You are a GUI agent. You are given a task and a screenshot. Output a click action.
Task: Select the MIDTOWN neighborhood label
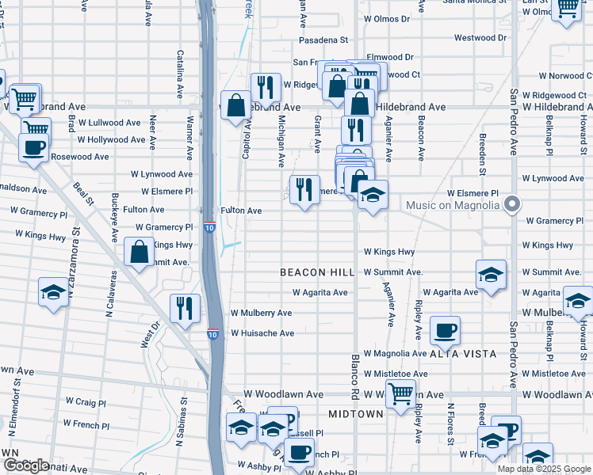(x=356, y=414)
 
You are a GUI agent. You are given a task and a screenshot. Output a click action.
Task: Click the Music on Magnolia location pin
(x=512, y=205)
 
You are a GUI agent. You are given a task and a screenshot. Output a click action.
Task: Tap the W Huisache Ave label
(x=262, y=333)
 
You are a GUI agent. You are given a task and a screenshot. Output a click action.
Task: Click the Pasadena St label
(x=323, y=40)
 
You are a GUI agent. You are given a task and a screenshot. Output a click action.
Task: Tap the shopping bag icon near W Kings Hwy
(x=140, y=252)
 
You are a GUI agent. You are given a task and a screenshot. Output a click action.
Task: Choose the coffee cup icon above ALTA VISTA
(x=445, y=329)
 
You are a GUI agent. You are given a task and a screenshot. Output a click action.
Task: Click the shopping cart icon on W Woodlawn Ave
(x=401, y=392)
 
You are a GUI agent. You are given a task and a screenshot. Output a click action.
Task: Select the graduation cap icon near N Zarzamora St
(x=53, y=291)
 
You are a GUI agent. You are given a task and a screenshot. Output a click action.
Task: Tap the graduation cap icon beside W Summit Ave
(x=491, y=274)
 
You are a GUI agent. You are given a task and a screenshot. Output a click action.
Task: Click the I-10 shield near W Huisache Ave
(x=213, y=334)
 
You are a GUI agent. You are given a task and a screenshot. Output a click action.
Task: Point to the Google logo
(x=26, y=466)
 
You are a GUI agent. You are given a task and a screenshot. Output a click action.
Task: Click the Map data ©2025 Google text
(x=544, y=469)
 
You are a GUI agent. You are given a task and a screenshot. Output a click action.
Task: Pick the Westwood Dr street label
(x=480, y=37)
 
